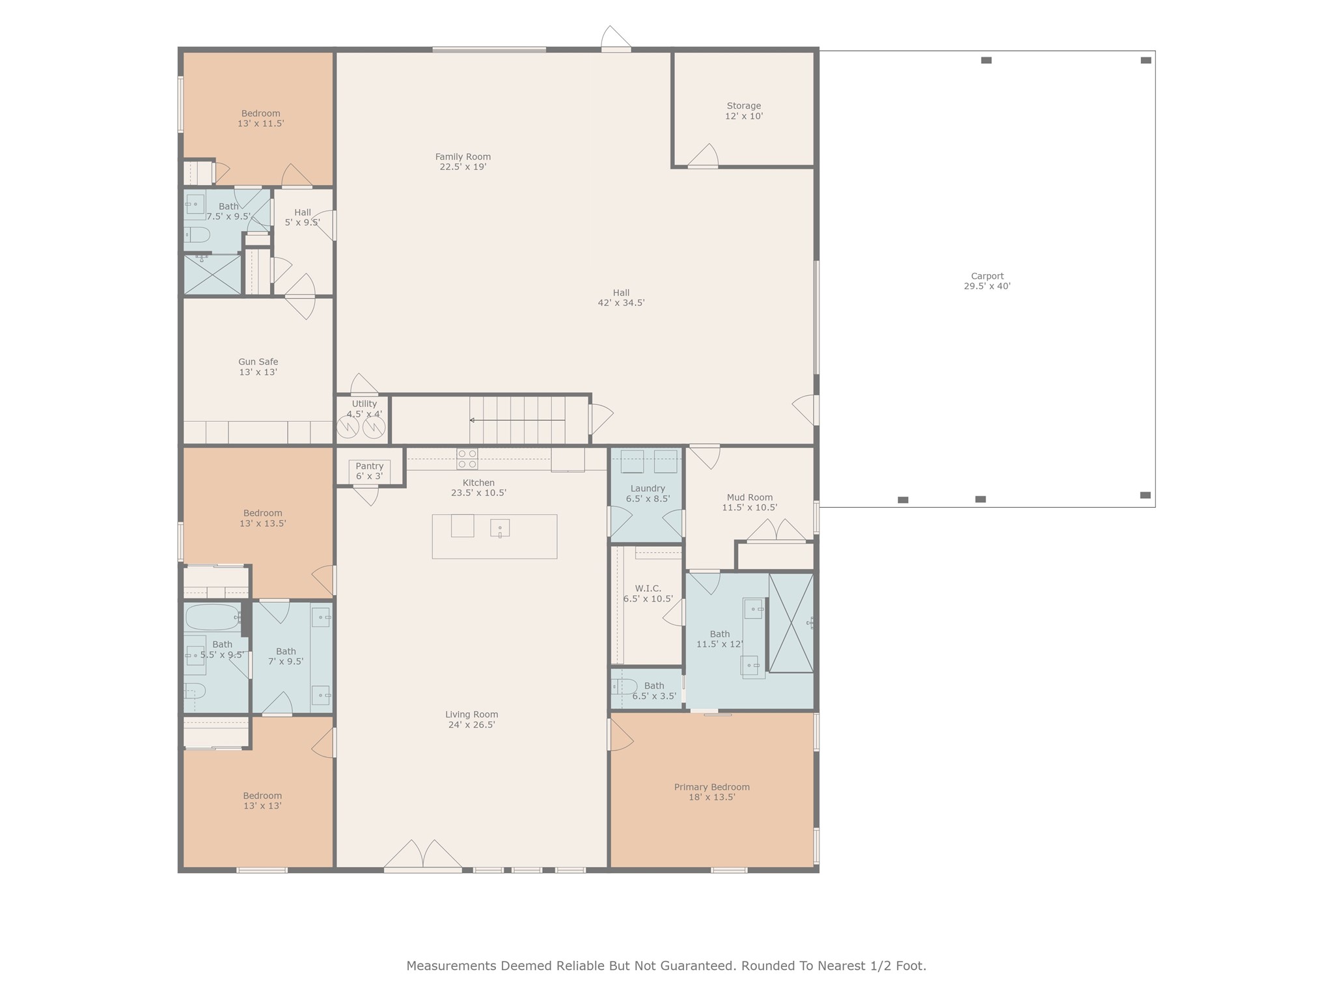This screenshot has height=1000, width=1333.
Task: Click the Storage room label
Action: point(744,111)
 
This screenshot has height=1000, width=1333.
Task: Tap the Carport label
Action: point(987,281)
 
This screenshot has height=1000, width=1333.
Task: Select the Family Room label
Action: point(463,161)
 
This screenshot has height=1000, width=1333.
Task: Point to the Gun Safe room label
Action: point(258,367)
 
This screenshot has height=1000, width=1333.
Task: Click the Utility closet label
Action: point(364,408)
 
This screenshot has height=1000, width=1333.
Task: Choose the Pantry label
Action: point(370,471)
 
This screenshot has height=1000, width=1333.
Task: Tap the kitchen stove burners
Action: point(467,459)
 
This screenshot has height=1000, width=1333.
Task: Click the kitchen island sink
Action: point(500,528)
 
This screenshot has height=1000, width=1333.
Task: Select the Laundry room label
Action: point(648,493)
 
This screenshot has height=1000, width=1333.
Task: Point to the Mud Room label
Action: point(750,502)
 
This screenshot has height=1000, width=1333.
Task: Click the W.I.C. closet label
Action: point(648,593)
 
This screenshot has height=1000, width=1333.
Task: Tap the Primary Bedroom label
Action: point(712,792)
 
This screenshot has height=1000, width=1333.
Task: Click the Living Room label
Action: point(472,719)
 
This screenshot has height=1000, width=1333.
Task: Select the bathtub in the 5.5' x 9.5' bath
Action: point(212,617)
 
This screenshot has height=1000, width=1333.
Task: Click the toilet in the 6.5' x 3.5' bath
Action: point(624,686)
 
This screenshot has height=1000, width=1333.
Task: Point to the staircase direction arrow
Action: point(517,421)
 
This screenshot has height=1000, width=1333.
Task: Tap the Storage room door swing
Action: point(703,156)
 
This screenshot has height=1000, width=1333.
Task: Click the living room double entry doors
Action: point(423,854)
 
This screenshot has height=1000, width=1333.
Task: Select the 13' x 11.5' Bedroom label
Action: point(261,118)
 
